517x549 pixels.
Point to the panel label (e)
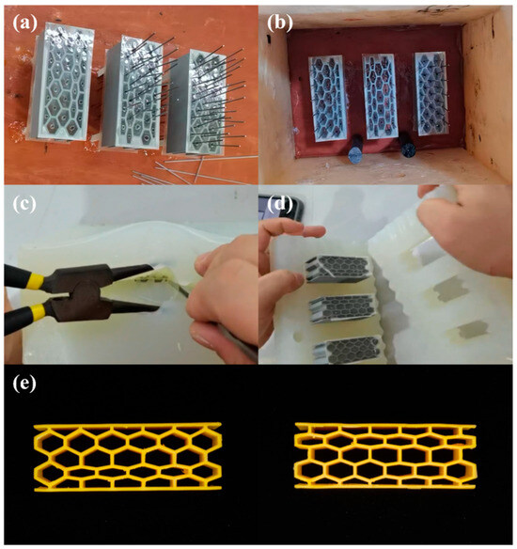pos(22,386)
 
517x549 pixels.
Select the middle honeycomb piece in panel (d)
pos(343,306)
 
